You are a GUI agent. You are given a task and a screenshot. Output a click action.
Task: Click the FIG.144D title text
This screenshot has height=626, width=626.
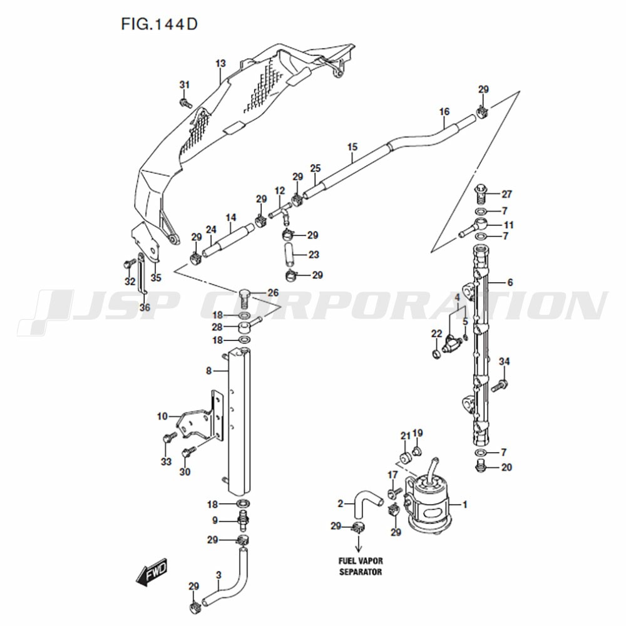[159, 24]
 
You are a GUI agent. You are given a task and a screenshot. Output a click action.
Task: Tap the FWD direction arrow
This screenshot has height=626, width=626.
[151, 572]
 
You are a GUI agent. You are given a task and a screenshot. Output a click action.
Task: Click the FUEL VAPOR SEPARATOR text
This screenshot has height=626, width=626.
[361, 566]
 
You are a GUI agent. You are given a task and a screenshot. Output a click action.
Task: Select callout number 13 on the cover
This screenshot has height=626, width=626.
[220, 63]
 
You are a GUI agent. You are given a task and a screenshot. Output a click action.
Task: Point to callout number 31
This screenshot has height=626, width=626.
[184, 85]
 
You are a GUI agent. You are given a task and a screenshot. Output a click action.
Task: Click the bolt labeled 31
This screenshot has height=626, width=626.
[186, 103]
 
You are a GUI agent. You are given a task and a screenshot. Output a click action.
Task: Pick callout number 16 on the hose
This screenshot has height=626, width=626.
[444, 111]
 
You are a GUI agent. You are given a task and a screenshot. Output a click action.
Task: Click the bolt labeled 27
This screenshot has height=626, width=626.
[481, 195]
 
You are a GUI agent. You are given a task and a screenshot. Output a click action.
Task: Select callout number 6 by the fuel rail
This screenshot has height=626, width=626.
[510, 282]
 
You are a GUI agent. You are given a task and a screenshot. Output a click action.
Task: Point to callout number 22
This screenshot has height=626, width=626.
[437, 334]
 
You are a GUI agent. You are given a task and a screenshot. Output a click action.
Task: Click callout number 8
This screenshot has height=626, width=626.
[208, 371]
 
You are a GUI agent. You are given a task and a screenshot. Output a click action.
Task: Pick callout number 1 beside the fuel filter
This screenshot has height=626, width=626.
[464, 504]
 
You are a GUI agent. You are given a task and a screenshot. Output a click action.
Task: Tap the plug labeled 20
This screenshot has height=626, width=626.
[481, 466]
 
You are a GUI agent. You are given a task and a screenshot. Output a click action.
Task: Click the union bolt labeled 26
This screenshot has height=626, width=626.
[244, 296]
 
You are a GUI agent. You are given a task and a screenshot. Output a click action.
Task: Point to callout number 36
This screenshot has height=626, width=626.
[145, 307]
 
